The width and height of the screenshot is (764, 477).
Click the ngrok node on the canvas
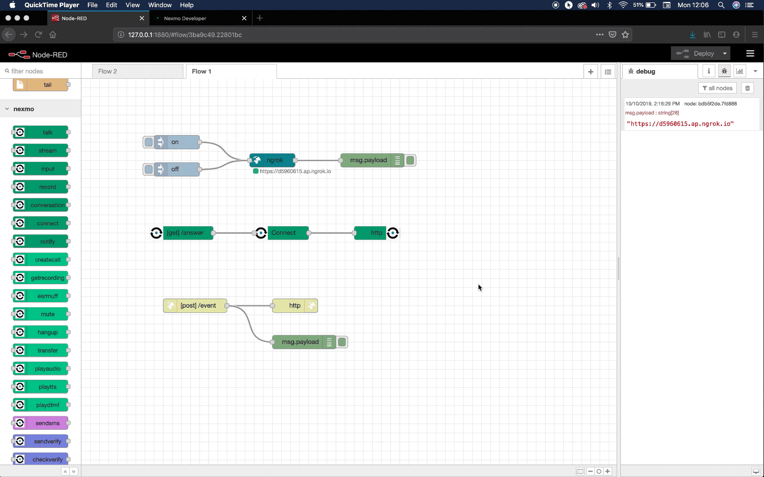pyautogui.click(x=272, y=160)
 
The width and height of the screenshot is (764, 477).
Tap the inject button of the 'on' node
pyautogui.click(x=149, y=142)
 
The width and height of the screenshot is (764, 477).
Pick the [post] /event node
pyautogui.click(x=195, y=306)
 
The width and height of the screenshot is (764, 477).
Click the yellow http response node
pyautogui.click(x=295, y=306)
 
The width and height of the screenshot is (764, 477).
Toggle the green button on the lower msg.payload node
pyautogui.click(x=342, y=342)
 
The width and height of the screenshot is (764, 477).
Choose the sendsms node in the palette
pyautogui.click(x=41, y=423)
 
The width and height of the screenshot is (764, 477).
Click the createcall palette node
pyautogui.click(x=41, y=259)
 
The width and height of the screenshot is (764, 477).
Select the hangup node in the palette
pyautogui.click(x=41, y=332)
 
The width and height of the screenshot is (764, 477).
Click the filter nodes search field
pyautogui.click(x=41, y=71)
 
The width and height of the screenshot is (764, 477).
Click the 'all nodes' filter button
pyautogui.click(x=717, y=88)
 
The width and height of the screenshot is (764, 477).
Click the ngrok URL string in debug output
pyautogui.click(x=680, y=124)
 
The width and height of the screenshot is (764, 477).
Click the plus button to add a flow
pyautogui.click(x=590, y=72)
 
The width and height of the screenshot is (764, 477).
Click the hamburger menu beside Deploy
pyautogui.click(x=750, y=53)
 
